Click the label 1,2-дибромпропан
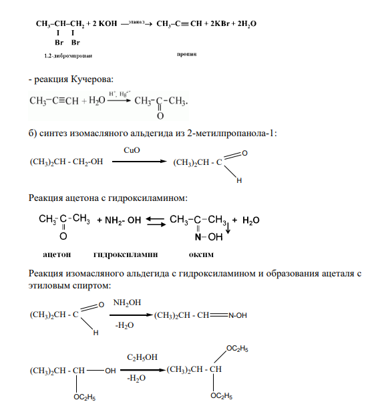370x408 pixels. pos(68,55)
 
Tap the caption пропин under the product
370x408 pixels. pos(186,54)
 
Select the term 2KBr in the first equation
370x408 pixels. pos(220,23)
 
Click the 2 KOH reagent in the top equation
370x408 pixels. pos(105,23)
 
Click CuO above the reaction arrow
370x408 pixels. pos(132,150)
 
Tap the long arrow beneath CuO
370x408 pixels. pos(139,162)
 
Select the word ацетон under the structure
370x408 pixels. pos(57,254)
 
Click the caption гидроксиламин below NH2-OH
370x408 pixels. pos(126,254)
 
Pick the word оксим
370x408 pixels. pos(201,254)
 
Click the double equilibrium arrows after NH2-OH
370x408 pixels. pos(156,222)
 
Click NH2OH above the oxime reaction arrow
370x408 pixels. pos(127,302)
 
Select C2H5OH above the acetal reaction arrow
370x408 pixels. pos(142,357)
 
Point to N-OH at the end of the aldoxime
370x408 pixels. pos(238,315)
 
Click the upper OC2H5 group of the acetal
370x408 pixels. pos(237,349)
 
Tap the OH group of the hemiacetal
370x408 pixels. pos(110,371)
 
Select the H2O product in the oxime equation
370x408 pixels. pos(251,220)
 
